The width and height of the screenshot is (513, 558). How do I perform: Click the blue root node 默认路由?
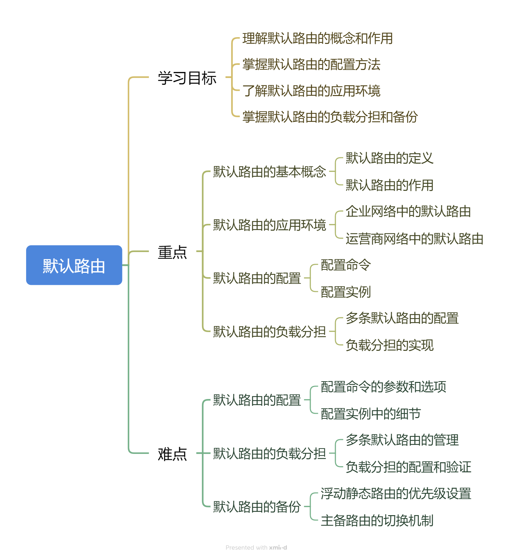(74, 265)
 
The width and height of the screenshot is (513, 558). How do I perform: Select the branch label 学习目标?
(187, 78)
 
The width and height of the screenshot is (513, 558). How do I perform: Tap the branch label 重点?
(172, 252)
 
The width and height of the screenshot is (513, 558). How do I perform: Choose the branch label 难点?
(172, 454)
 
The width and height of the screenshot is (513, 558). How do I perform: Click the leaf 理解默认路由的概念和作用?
(317, 38)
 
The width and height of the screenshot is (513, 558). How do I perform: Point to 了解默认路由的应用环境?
(311, 91)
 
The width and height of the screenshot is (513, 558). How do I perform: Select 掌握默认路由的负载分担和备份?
(330, 117)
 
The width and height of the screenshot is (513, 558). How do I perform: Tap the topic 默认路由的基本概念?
(270, 172)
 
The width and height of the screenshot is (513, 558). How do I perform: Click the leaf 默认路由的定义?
(389, 158)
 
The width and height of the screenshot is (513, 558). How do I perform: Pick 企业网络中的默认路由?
(408, 212)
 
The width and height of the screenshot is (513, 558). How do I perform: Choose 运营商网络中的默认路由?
(414, 239)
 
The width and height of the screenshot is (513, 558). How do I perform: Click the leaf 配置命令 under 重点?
(345, 265)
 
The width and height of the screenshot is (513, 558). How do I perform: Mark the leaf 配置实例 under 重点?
(345, 292)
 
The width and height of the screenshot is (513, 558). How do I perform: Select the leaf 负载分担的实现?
(389, 345)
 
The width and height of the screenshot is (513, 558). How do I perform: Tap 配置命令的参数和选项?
(383, 387)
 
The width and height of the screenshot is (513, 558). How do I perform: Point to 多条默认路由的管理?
(402, 440)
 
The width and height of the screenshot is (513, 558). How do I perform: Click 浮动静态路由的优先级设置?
(396, 494)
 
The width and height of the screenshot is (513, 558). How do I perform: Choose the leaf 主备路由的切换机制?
(377, 521)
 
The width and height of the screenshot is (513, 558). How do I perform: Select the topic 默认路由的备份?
(257, 507)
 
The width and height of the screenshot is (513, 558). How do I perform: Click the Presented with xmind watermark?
(256, 548)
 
